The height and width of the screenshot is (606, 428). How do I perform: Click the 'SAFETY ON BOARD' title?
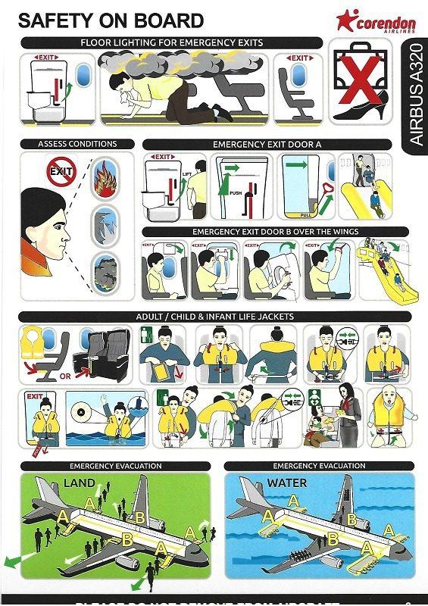point(111,20)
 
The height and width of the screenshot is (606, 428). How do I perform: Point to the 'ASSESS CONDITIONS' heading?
point(77,144)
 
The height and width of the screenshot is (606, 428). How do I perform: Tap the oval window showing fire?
point(105,183)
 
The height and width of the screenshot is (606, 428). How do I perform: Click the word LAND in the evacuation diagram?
point(79,483)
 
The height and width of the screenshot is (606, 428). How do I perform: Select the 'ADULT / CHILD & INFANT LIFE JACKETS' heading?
point(214,316)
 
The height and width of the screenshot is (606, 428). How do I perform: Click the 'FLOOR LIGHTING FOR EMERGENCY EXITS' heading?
point(171,43)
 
